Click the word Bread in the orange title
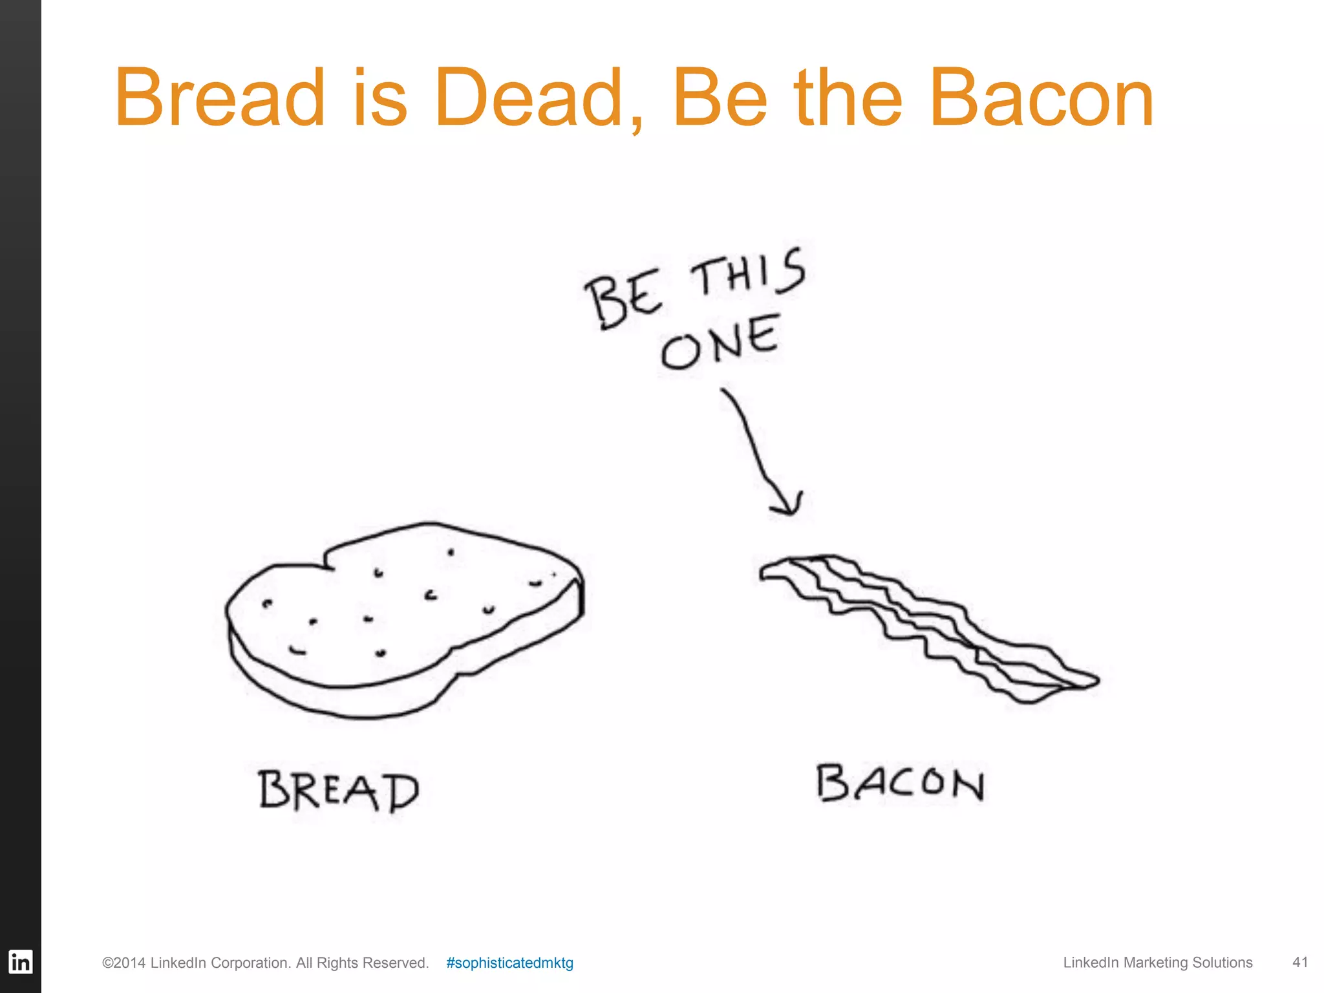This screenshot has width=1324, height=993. pyautogui.click(x=219, y=98)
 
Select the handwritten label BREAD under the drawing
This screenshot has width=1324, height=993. pyautogui.click(x=339, y=790)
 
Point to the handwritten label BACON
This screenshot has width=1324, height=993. pyautogui.click(x=900, y=784)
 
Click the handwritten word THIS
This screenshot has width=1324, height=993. pyautogui.click(x=749, y=273)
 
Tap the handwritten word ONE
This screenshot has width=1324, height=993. pyautogui.click(x=720, y=343)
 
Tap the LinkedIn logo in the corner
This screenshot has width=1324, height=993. pyautogui.click(x=20, y=962)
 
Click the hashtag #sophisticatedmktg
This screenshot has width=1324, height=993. pyautogui.click(x=509, y=963)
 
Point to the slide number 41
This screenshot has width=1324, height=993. pyautogui.click(x=1300, y=962)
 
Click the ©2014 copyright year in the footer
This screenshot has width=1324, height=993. pyautogui.click(x=123, y=963)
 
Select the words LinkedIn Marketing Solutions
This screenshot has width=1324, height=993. pyautogui.click(x=1157, y=963)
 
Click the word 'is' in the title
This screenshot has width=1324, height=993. pyautogui.click(x=380, y=98)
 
